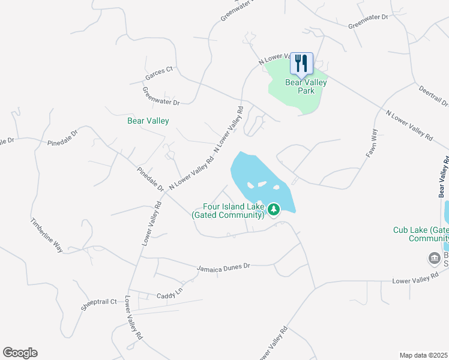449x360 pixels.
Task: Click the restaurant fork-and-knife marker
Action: tap(301, 63)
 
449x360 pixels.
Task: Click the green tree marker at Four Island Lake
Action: tap(274, 209)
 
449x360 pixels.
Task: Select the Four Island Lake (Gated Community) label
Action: tap(228, 211)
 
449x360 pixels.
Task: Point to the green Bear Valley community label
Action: tap(148, 121)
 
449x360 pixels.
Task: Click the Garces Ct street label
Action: tap(159, 73)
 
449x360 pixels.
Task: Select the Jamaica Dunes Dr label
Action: tap(223, 266)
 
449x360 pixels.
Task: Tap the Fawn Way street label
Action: tap(372, 143)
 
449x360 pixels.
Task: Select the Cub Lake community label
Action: tap(421, 234)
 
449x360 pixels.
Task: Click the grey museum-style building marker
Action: tap(433, 258)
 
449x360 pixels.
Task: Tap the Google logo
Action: tap(20, 353)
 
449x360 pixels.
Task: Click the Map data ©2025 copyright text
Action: tap(423, 355)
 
